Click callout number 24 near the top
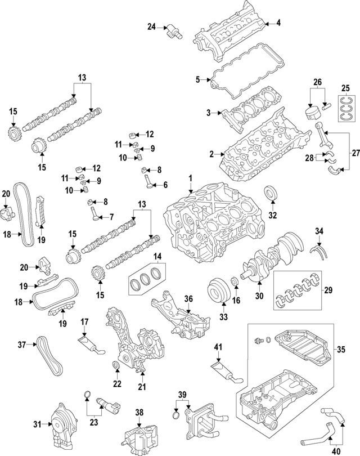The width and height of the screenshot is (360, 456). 151,26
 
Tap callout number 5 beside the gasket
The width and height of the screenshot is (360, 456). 197,79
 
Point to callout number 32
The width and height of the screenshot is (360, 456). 273,214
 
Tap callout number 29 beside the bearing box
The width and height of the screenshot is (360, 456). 328,290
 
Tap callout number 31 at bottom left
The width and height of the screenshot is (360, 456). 38,423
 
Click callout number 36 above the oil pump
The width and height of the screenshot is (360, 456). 189,298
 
